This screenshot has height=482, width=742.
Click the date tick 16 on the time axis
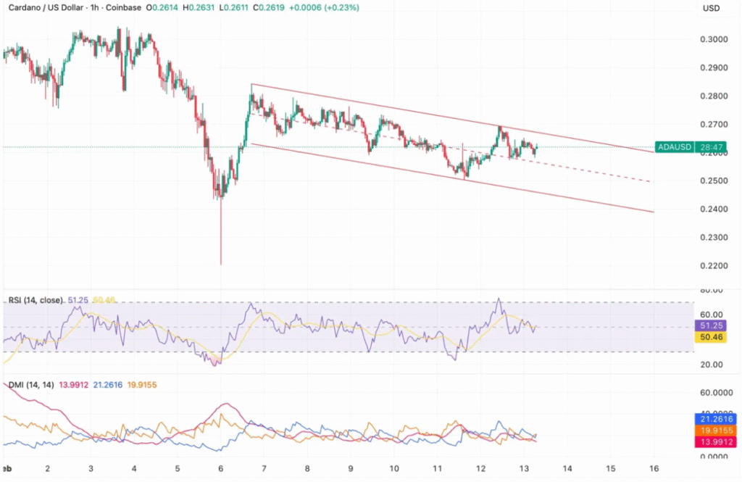coord(654,469)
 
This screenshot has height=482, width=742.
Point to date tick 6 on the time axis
coord(220,469)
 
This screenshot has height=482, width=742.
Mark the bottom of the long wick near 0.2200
coord(220,265)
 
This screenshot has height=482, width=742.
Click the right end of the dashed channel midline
coord(650,181)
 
